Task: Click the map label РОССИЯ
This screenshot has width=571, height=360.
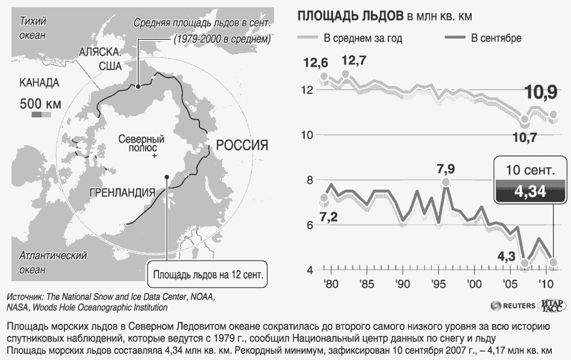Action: click(242, 145)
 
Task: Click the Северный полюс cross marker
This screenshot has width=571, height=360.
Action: click(154, 156)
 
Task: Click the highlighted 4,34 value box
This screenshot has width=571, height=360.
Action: click(530, 191)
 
